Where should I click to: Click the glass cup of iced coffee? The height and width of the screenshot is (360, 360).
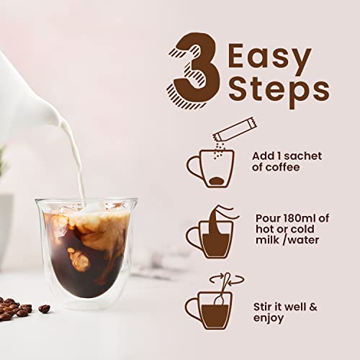[x=85, y=248]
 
